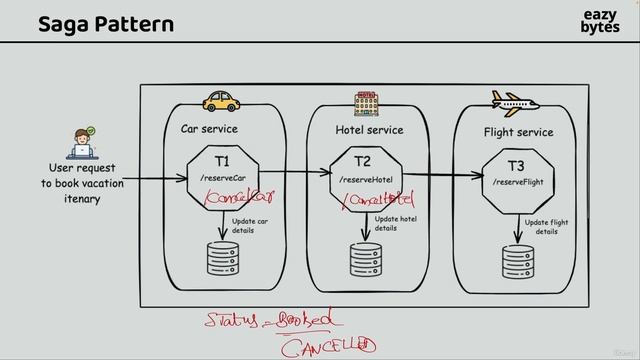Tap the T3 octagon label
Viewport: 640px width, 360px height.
(516, 165)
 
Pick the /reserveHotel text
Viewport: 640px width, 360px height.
(364, 178)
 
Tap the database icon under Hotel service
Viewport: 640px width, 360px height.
(364, 258)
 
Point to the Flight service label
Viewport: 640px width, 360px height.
(517, 132)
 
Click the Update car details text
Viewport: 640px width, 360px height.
(249, 225)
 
